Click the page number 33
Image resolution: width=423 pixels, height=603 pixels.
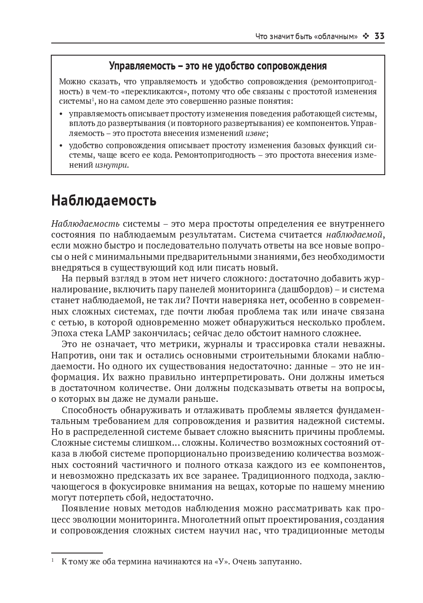pyautogui.click(x=379, y=36)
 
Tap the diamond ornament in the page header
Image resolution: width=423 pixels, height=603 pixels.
pyautogui.click(x=366, y=36)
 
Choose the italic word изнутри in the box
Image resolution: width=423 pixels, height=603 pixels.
pyautogui.click(x=111, y=165)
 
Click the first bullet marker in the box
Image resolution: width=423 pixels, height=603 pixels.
pyautogui.click(x=60, y=114)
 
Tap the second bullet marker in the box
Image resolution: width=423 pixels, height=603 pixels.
pyautogui.click(x=60, y=146)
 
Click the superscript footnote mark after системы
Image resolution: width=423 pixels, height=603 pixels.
pyautogui.click(x=93, y=99)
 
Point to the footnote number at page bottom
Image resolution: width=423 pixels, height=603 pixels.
pyautogui.click(x=53, y=560)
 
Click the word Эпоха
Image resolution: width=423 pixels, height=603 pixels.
pyautogui.click(x=64, y=333)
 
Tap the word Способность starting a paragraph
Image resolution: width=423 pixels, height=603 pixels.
pyautogui.click(x=89, y=410)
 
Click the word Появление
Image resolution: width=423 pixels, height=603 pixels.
pyautogui.click(x=85, y=508)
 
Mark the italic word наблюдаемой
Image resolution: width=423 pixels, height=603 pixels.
pyautogui.click(x=355, y=235)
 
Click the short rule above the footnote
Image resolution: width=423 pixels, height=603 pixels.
pyautogui.click(x=77, y=553)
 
